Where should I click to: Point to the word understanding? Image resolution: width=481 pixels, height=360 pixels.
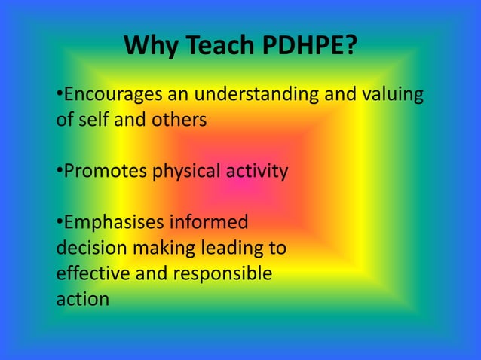[265, 96]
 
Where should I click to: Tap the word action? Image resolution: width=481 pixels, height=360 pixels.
[82, 299]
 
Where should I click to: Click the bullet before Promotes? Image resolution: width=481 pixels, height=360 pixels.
[60, 172]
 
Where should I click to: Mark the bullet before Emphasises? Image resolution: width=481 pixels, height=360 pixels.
[60, 223]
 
